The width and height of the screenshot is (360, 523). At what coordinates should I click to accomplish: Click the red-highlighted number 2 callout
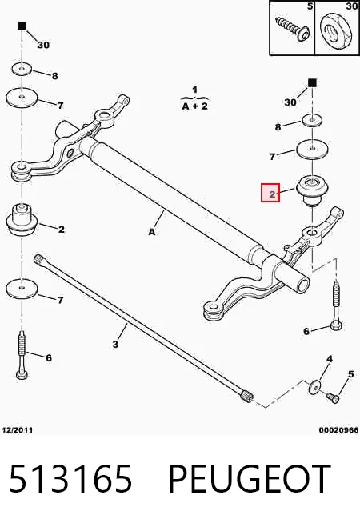(270, 193)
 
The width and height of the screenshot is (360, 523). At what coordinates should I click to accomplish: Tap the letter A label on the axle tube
(152, 231)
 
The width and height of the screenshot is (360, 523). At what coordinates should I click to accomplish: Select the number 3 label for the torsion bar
(115, 344)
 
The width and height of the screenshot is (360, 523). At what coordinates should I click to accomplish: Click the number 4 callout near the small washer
(330, 359)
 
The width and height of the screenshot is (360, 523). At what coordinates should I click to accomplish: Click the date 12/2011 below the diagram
(18, 430)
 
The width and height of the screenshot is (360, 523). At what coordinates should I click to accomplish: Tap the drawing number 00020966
(338, 430)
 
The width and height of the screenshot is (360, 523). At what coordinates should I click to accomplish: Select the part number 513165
(70, 479)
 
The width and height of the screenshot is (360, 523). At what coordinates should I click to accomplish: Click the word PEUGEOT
(249, 479)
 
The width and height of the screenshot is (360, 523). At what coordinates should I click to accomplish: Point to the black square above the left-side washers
(22, 26)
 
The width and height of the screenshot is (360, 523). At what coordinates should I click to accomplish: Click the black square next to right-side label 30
(312, 82)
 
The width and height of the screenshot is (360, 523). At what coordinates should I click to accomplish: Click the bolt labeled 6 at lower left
(22, 355)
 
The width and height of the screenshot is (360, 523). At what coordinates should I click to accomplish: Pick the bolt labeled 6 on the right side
(336, 306)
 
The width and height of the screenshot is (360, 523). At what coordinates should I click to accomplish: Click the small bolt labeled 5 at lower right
(333, 397)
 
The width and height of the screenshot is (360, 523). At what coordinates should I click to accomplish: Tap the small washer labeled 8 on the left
(22, 69)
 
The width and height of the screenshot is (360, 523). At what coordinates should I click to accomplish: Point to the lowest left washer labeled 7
(22, 289)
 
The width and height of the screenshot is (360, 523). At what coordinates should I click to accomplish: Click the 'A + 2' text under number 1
(195, 106)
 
